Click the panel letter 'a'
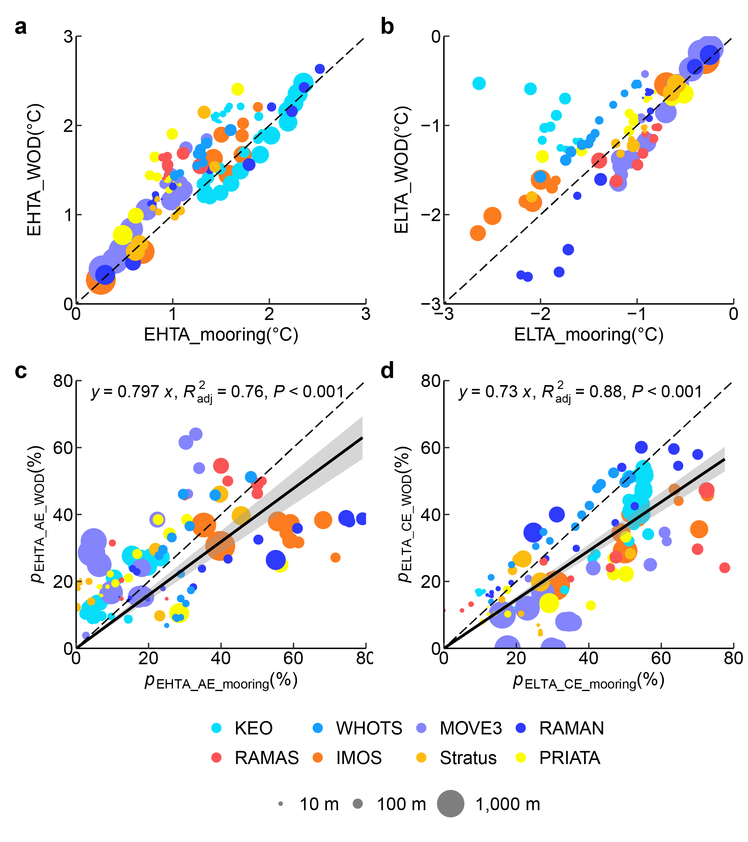21,27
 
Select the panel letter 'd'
387,371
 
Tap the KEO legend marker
216,728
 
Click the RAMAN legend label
571,728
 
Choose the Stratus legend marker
421,757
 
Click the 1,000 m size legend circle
450,804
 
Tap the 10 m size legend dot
281,804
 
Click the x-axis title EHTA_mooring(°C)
221,335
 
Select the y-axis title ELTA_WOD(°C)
402,170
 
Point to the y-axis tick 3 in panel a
68,37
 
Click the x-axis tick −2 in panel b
540,314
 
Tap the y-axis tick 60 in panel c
63,448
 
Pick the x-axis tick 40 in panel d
588,658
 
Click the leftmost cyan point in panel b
479,83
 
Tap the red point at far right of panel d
725,568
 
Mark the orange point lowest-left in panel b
477,233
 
